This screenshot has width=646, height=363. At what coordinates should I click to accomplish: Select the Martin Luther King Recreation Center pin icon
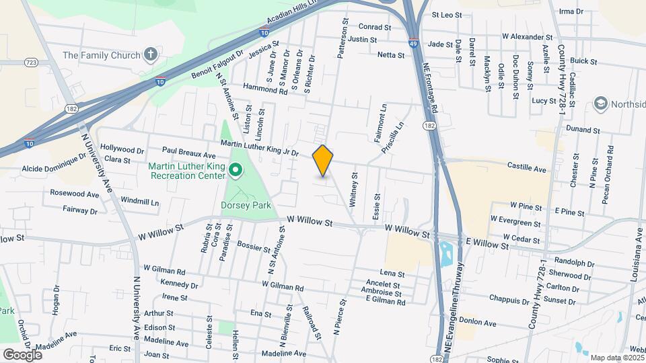point(236,171)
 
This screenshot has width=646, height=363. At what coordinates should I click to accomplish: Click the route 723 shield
point(31,63)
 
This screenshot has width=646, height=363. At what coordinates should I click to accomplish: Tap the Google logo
point(23,354)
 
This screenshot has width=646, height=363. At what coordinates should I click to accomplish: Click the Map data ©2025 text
point(616,357)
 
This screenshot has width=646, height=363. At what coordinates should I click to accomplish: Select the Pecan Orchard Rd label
point(610,167)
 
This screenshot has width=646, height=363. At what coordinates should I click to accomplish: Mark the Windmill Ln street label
point(140,202)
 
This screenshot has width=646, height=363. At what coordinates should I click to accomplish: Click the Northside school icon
point(600,104)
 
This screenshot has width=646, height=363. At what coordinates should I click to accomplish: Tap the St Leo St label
point(447,14)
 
